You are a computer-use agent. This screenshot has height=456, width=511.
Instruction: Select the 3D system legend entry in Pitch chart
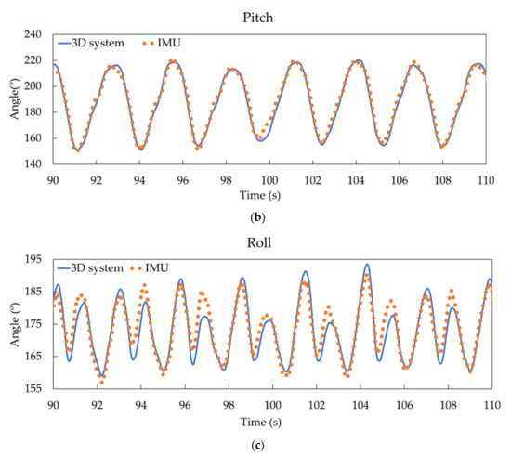[x=93, y=43]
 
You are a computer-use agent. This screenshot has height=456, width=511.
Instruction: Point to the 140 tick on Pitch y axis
[x=35, y=164]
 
